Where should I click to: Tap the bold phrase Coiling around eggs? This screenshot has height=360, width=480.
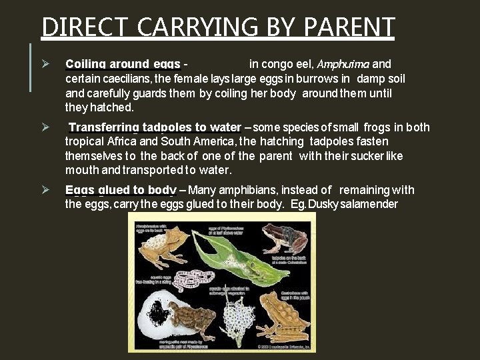point(123,65)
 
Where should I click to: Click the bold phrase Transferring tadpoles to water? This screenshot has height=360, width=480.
point(155,127)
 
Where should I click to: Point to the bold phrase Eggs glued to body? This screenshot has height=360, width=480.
point(121,190)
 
